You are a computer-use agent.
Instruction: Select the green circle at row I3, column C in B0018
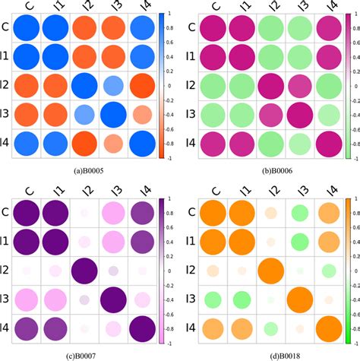pos(209,299)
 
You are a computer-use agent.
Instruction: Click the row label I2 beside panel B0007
pos(6,270)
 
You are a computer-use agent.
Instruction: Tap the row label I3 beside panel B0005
pos(6,114)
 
